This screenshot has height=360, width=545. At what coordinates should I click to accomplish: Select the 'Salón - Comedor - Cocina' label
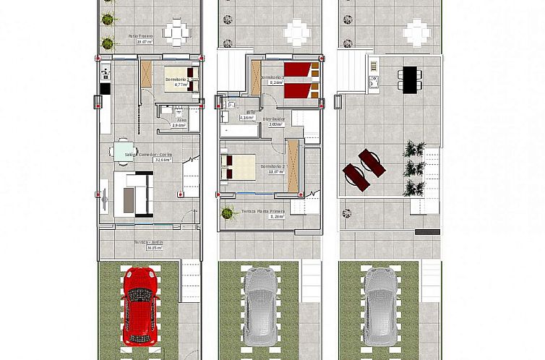pyautogui.click(x=148, y=154)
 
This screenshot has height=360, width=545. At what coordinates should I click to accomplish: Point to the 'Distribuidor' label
pyautogui.click(x=274, y=119)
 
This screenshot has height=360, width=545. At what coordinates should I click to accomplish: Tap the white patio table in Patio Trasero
pyautogui.click(x=177, y=32)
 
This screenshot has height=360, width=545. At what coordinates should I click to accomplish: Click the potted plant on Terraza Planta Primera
pyautogui.click(x=228, y=213)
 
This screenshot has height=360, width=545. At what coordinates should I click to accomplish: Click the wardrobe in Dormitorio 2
pyautogui.click(x=293, y=166)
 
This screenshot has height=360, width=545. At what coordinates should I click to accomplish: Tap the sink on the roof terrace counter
pyautogui.click(x=374, y=82)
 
